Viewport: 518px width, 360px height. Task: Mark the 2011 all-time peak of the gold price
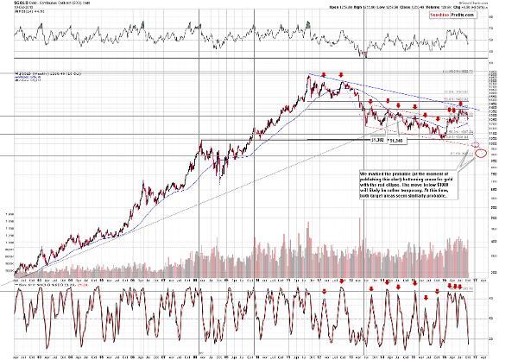(310, 77)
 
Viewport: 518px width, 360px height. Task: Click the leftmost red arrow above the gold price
(323, 74)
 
